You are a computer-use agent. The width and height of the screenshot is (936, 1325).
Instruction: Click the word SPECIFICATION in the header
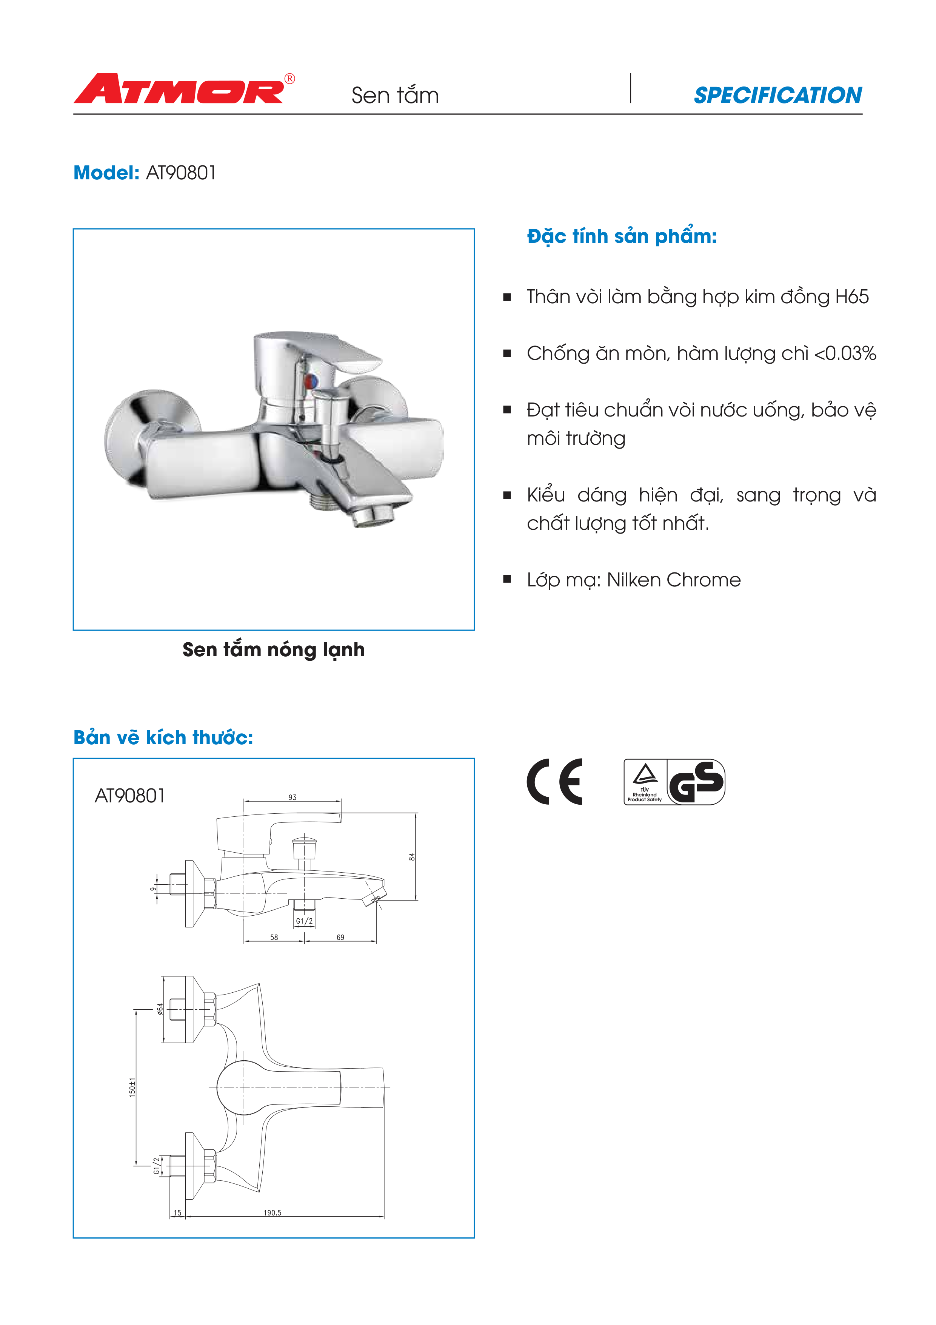[777, 95]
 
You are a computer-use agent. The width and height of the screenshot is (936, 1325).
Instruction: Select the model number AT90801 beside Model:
[181, 173]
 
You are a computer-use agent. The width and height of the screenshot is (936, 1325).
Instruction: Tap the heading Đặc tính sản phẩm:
[622, 236]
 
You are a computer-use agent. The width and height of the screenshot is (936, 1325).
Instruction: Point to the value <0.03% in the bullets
[845, 353]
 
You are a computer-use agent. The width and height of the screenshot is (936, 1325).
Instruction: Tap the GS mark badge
[696, 782]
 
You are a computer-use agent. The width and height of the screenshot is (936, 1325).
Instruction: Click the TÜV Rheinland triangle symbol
[645, 773]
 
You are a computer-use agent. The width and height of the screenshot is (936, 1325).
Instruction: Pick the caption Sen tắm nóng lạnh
[273, 650]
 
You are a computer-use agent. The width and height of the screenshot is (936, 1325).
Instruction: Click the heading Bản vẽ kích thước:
[163, 737]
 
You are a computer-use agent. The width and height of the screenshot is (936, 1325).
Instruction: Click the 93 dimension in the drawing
[292, 797]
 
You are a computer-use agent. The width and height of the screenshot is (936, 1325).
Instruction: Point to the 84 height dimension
[412, 857]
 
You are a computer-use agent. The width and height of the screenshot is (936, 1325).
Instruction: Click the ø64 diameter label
[160, 1009]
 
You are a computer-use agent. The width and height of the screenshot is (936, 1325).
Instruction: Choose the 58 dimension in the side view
[274, 937]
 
